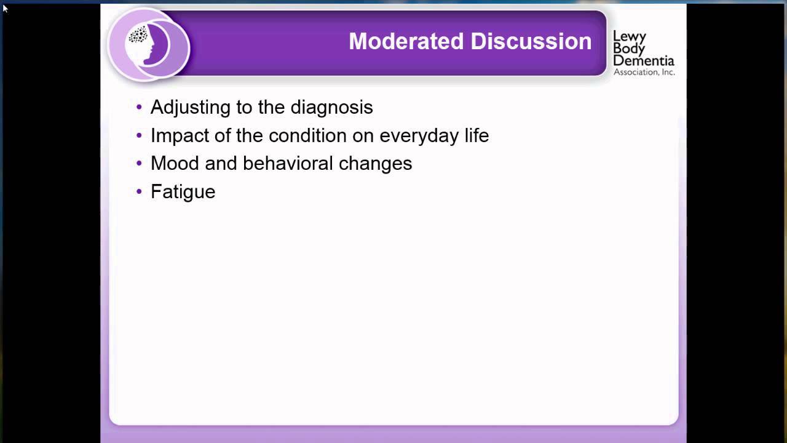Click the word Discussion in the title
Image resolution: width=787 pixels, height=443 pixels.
pyautogui.click(x=531, y=41)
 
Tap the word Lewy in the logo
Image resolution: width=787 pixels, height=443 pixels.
pyautogui.click(x=629, y=37)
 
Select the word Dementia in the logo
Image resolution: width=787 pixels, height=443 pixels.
pyautogui.click(x=643, y=61)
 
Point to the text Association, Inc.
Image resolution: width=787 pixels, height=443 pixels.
pyautogui.click(x=644, y=72)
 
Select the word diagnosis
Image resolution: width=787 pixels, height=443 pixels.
pyautogui.click(x=331, y=107)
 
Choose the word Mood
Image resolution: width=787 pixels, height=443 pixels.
pyautogui.click(x=172, y=163)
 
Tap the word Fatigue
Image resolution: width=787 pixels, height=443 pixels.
pyautogui.click(x=183, y=192)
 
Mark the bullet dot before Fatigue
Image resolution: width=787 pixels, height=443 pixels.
pyautogui.click(x=139, y=192)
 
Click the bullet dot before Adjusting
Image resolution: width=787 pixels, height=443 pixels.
pyautogui.click(x=139, y=108)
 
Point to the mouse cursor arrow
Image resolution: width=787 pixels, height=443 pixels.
pyautogui.click(x=5, y=8)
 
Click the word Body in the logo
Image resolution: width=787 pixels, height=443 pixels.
pyautogui.click(x=628, y=49)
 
